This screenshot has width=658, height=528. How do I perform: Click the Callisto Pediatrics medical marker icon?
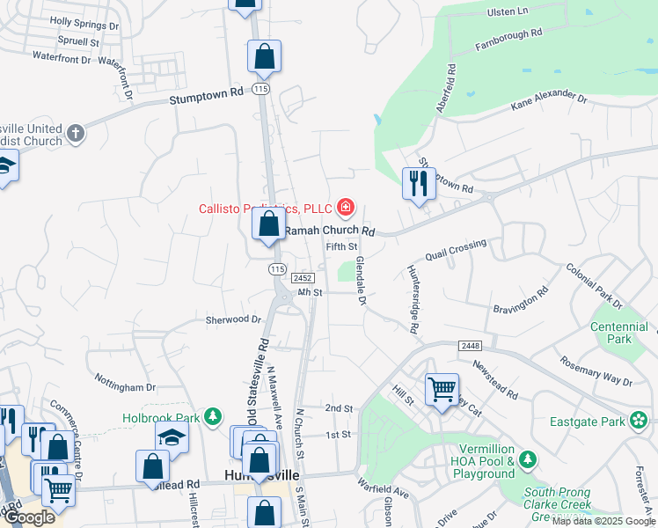coord(347,209)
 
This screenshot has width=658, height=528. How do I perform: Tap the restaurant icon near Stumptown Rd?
coord(417,183)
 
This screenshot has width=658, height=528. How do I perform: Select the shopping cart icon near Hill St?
coord(441,388)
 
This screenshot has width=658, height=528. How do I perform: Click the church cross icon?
coord(76,133)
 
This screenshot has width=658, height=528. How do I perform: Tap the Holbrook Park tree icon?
coord(212,416)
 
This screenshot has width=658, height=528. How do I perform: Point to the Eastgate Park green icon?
coord(638,422)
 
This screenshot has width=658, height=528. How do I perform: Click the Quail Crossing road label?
coord(455,250)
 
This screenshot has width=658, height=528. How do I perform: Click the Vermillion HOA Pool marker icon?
coord(527,459)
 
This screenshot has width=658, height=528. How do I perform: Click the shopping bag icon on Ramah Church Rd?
coord(268,224)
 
